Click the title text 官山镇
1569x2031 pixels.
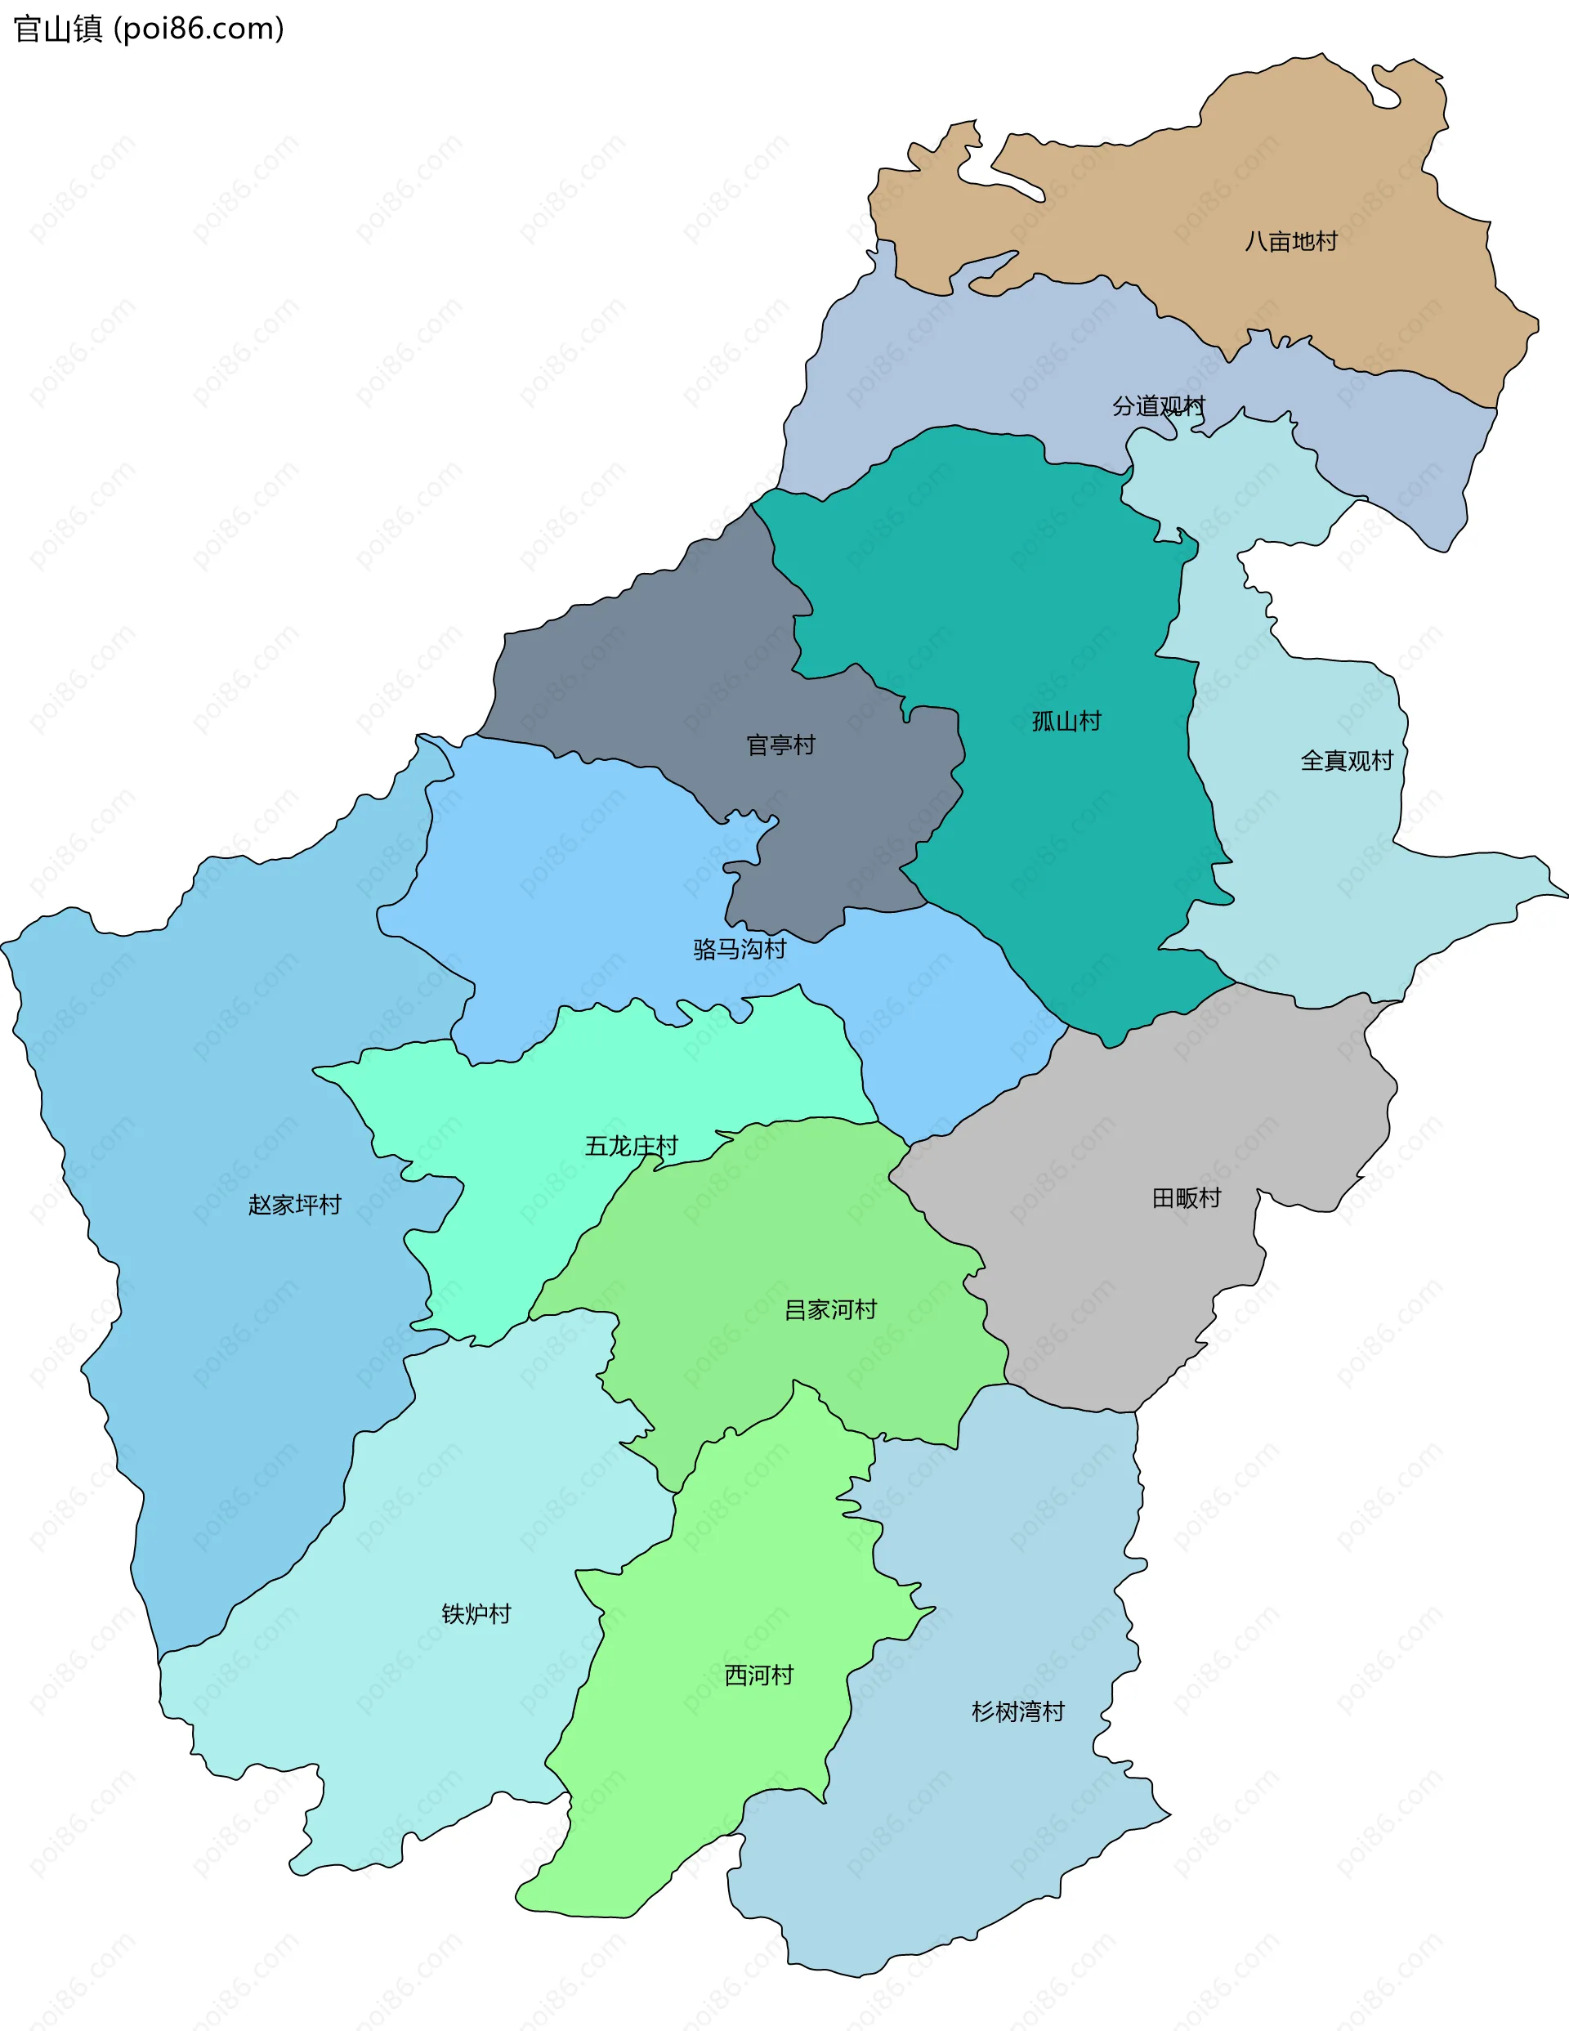58,29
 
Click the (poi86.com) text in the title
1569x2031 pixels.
198,29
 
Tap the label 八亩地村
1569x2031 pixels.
1290,242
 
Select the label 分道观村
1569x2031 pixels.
1158,406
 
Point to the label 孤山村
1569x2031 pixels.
1066,722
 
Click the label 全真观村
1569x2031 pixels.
1346,761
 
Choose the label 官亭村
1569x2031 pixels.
780,745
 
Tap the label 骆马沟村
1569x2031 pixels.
740,949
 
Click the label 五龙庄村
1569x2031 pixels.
631,1146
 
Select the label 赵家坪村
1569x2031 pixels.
295,1206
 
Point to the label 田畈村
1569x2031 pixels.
1186,1198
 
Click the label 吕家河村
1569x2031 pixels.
830,1310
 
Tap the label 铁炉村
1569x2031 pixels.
476,1613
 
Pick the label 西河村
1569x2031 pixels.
759,1675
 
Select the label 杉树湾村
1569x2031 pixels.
1017,1712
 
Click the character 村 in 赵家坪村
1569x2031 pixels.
330,1206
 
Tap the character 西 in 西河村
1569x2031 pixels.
735,1675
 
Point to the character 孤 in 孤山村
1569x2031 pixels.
1043,722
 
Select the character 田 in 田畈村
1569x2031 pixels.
1163,1198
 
